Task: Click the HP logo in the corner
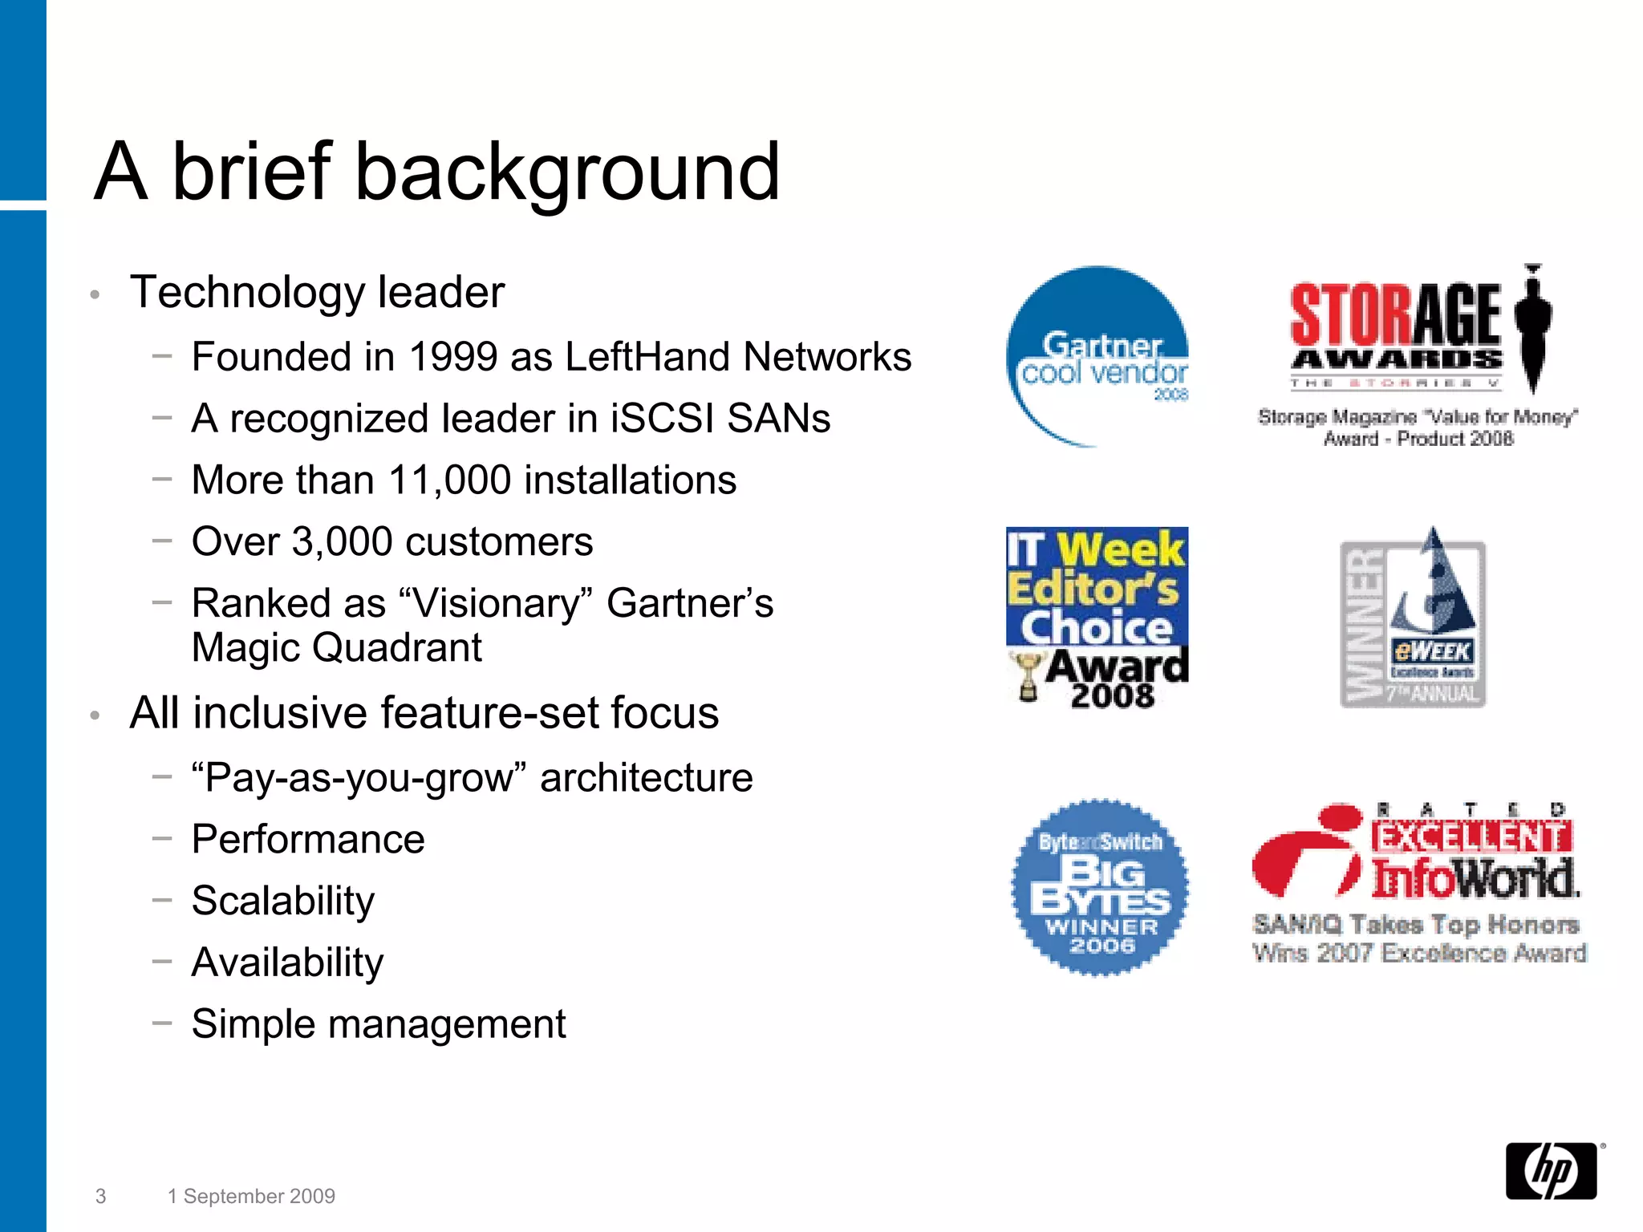[x=1552, y=1171]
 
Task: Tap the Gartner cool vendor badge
[x=1097, y=356]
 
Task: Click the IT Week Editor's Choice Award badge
[x=1097, y=618]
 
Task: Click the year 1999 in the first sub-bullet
[x=453, y=357]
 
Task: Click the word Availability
[x=287, y=962]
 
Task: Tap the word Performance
[x=308, y=840]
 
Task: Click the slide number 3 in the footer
[x=100, y=1196]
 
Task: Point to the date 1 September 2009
[x=251, y=1196]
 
